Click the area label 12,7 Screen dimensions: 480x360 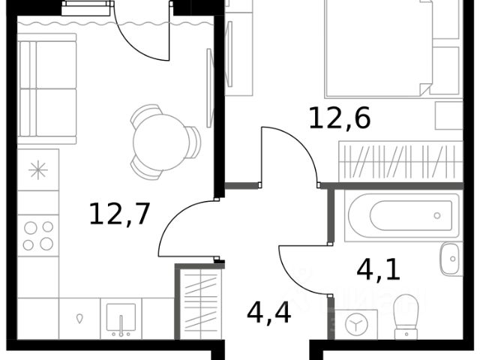(119, 214)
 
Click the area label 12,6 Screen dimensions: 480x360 (340, 118)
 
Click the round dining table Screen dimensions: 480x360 (160, 142)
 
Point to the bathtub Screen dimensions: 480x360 (402, 215)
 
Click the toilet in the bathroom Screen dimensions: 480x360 (406, 316)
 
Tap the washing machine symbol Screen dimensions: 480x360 (356, 325)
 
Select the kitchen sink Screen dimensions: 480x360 (121, 319)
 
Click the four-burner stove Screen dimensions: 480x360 (38, 235)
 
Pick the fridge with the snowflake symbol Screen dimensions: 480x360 (38, 170)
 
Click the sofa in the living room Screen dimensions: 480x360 (46, 88)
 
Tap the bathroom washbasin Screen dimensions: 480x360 (451, 259)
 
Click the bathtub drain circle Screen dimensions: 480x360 (437, 215)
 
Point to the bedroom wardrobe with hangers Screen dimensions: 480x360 (400, 161)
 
